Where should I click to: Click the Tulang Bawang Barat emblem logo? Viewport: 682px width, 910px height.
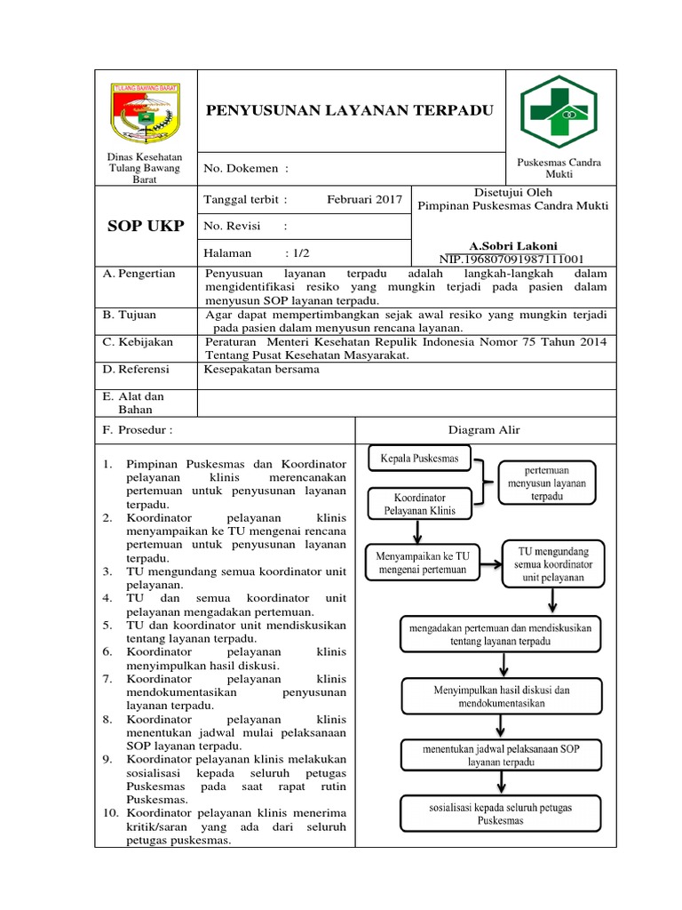click(x=145, y=112)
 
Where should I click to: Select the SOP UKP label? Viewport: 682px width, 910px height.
click(x=145, y=226)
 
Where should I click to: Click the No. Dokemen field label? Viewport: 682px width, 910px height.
click(x=246, y=168)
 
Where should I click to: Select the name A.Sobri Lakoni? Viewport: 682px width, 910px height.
click(x=513, y=245)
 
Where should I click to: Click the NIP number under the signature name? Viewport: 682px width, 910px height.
click(x=513, y=259)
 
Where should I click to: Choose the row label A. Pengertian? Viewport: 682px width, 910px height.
click(x=139, y=274)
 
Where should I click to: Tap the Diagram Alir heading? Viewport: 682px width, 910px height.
click(x=484, y=430)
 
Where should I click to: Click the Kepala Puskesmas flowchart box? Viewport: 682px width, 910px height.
click(x=419, y=459)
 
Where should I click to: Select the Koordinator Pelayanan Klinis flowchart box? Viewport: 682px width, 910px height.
click(x=420, y=504)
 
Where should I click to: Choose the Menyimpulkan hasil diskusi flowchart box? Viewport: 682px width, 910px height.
click(x=501, y=696)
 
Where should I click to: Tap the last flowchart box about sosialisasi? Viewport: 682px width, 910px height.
click(x=501, y=814)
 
